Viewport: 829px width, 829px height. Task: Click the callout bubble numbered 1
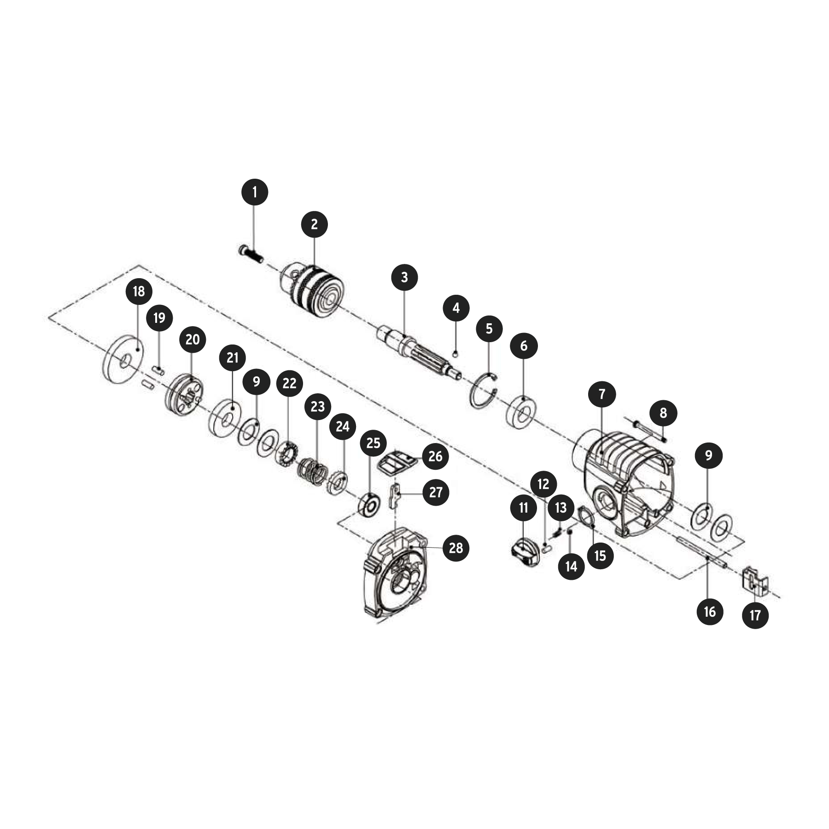tap(255, 192)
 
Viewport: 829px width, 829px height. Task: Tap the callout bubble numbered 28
tap(455, 548)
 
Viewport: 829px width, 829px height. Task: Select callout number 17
tap(755, 615)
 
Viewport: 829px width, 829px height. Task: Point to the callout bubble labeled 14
tap(571, 566)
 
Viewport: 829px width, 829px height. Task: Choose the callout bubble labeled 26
tap(435, 456)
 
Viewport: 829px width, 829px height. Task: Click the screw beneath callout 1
tap(251, 255)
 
